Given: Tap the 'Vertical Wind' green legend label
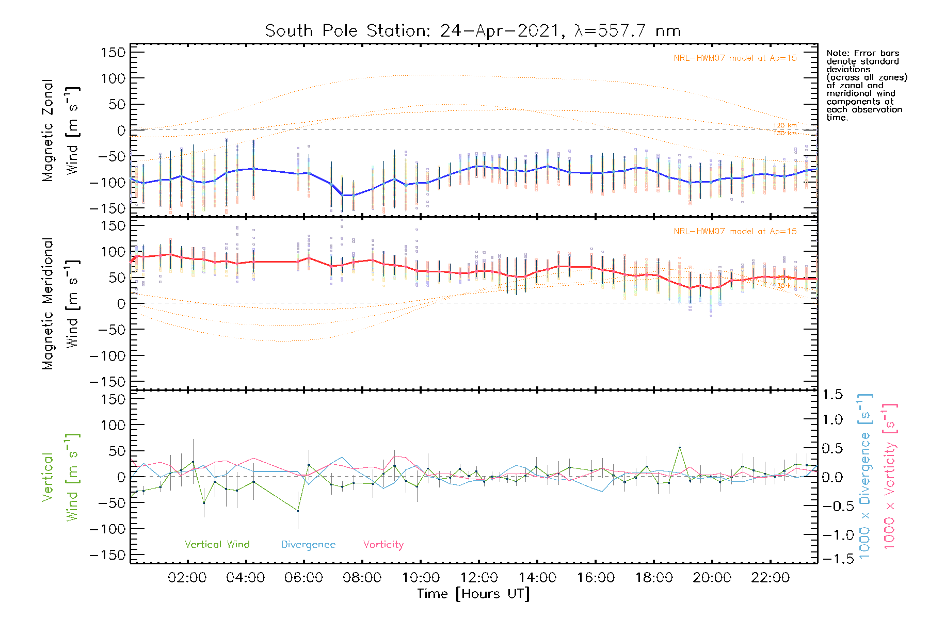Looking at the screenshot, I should click(x=217, y=544).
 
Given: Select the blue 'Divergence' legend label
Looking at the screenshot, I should click(x=308, y=544).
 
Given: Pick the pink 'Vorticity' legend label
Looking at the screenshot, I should click(x=383, y=544).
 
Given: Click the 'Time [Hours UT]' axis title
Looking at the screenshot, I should click(x=473, y=594).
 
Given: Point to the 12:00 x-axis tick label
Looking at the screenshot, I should click(x=479, y=578).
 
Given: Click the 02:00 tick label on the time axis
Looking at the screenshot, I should click(x=187, y=578).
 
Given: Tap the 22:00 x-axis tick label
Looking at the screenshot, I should click(x=770, y=578).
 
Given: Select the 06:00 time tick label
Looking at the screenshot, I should click(x=304, y=578).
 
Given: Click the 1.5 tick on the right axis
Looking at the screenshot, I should click(x=832, y=395).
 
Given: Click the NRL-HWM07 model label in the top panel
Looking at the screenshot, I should click(x=735, y=58).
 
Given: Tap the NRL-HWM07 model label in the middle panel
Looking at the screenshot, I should click(x=735, y=232).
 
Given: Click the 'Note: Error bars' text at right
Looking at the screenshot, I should click(x=863, y=54).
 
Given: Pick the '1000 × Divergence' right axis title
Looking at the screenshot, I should click(x=865, y=477).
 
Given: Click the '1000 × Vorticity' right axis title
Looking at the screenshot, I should click(x=890, y=477).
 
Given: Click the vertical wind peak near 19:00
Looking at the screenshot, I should click(x=680, y=448).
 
